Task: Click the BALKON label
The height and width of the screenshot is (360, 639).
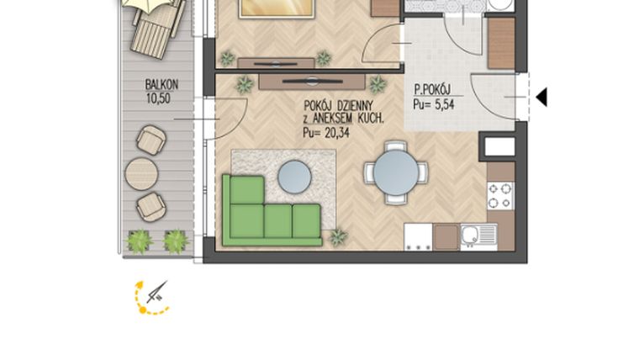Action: pos(160,85)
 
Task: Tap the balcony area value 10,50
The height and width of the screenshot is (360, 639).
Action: pos(160,98)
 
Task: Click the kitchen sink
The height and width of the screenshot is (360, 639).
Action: pos(470,236)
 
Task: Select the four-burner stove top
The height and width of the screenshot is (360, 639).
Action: pos(500,196)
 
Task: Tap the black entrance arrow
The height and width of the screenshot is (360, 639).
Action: pos(541,98)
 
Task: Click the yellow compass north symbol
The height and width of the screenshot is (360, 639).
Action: pos(151,297)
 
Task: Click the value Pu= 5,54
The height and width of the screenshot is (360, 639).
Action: pos(434,104)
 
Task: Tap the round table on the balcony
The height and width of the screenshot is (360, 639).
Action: pos(141,174)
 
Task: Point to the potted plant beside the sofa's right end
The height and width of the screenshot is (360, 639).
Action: pos(338,236)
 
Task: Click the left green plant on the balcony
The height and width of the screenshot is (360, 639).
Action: pos(140,241)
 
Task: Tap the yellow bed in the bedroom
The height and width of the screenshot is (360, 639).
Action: pos(277,8)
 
